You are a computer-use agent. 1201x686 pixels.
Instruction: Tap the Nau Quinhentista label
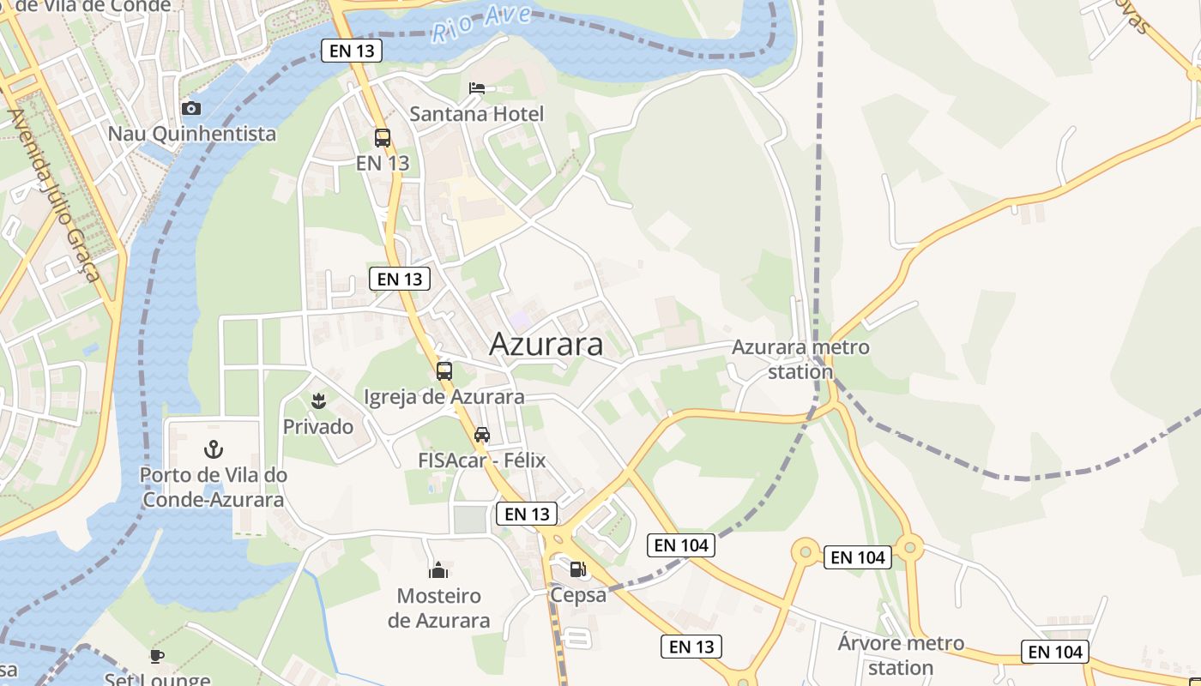point(192,134)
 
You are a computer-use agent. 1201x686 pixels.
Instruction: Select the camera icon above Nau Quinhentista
point(191,108)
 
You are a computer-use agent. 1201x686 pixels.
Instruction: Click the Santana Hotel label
point(477,114)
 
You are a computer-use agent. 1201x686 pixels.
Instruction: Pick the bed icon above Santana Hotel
point(477,88)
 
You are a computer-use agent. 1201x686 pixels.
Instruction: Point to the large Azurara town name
point(546,344)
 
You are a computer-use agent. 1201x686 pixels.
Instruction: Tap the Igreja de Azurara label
point(444,397)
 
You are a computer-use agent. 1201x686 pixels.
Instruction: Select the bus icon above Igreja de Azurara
point(444,371)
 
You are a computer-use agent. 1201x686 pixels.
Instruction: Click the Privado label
point(318,426)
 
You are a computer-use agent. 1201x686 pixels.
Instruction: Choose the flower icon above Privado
point(318,400)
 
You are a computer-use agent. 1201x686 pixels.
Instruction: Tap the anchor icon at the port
point(213,448)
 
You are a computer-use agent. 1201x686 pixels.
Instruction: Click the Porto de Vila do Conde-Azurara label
point(214,487)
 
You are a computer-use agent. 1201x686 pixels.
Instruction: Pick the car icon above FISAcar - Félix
point(482,435)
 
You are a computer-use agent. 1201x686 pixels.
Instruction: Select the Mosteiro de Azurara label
point(439,608)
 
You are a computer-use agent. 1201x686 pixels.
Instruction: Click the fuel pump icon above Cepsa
point(578,569)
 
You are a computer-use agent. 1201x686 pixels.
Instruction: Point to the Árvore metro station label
point(901,655)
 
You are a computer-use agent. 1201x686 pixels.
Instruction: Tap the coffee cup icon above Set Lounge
point(157,657)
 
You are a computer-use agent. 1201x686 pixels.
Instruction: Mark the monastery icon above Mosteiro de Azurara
point(438,570)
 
